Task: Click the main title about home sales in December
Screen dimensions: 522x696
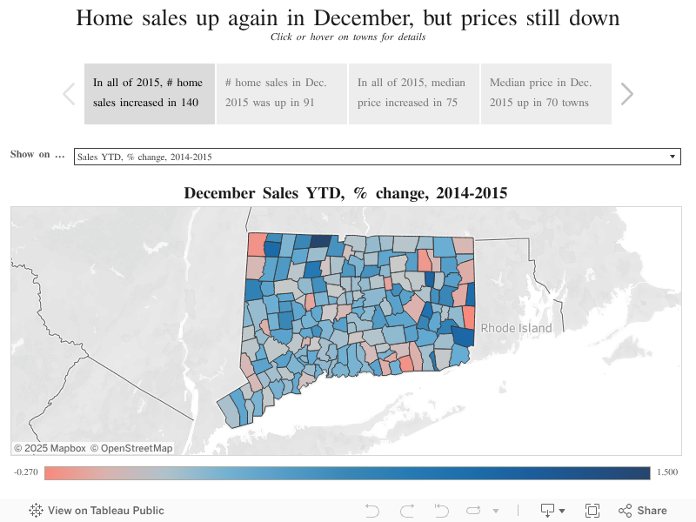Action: pyautogui.click(x=348, y=18)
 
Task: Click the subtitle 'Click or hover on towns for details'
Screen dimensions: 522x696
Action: pyautogui.click(x=348, y=37)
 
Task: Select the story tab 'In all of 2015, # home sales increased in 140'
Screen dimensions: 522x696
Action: pyautogui.click(x=149, y=93)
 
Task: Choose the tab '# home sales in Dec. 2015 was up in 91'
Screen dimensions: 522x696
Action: pyautogui.click(x=281, y=93)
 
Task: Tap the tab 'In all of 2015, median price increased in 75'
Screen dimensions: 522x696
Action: pyautogui.click(x=413, y=93)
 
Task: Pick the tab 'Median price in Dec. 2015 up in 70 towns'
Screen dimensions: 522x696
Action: pyautogui.click(x=545, y=93)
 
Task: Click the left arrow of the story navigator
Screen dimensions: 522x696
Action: pyautogui.click(x=69, y=94)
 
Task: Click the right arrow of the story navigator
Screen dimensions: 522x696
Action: pyautogui.click(x=626, y=94)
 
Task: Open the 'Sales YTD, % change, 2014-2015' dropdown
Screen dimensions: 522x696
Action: pyautogui.click(x=377, y=157)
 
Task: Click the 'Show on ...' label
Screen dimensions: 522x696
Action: pyautogui.click(x=37, y=155)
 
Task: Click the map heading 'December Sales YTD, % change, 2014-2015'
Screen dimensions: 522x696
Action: pyautogui.click(x=345, y=193)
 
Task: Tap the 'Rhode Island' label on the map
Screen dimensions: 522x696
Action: pyautogui.click(x=516, y=328)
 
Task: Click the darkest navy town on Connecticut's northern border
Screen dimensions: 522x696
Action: pyautogui.click(x=321, y=242)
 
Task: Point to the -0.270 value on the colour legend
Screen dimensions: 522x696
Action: pyautogui.click(x=25, y=472)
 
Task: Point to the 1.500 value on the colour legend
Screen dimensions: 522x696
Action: pyautogui.click(x=668, y=472)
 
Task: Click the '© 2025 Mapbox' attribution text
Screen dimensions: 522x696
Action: pyautogui.click(x=50, y=448)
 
